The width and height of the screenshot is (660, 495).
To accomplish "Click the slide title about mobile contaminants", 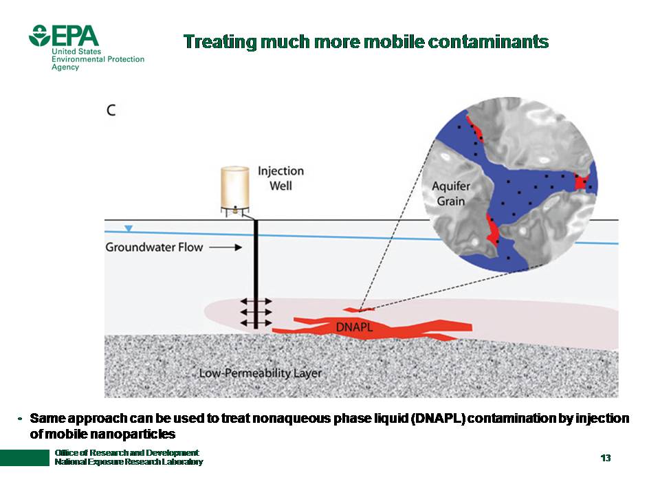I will [366, 42].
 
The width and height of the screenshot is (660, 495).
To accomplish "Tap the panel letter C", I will [111, 110].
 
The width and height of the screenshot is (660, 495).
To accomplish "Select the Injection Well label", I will [280, 177].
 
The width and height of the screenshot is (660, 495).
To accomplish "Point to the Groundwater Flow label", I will [154, 247].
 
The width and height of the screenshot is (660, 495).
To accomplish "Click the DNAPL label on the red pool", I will [355, 327].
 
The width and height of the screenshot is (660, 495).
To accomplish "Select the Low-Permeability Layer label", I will [260, 374].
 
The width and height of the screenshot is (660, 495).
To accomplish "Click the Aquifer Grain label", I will [448, 194].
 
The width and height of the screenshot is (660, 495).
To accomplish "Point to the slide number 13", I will [606, 458].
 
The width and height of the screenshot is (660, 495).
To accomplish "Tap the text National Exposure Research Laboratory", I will [129, 462].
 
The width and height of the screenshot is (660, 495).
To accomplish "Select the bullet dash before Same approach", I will [20, 419].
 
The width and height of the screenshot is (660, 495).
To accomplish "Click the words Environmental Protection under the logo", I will [98, 59].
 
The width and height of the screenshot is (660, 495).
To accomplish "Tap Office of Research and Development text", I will [127, 452].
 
